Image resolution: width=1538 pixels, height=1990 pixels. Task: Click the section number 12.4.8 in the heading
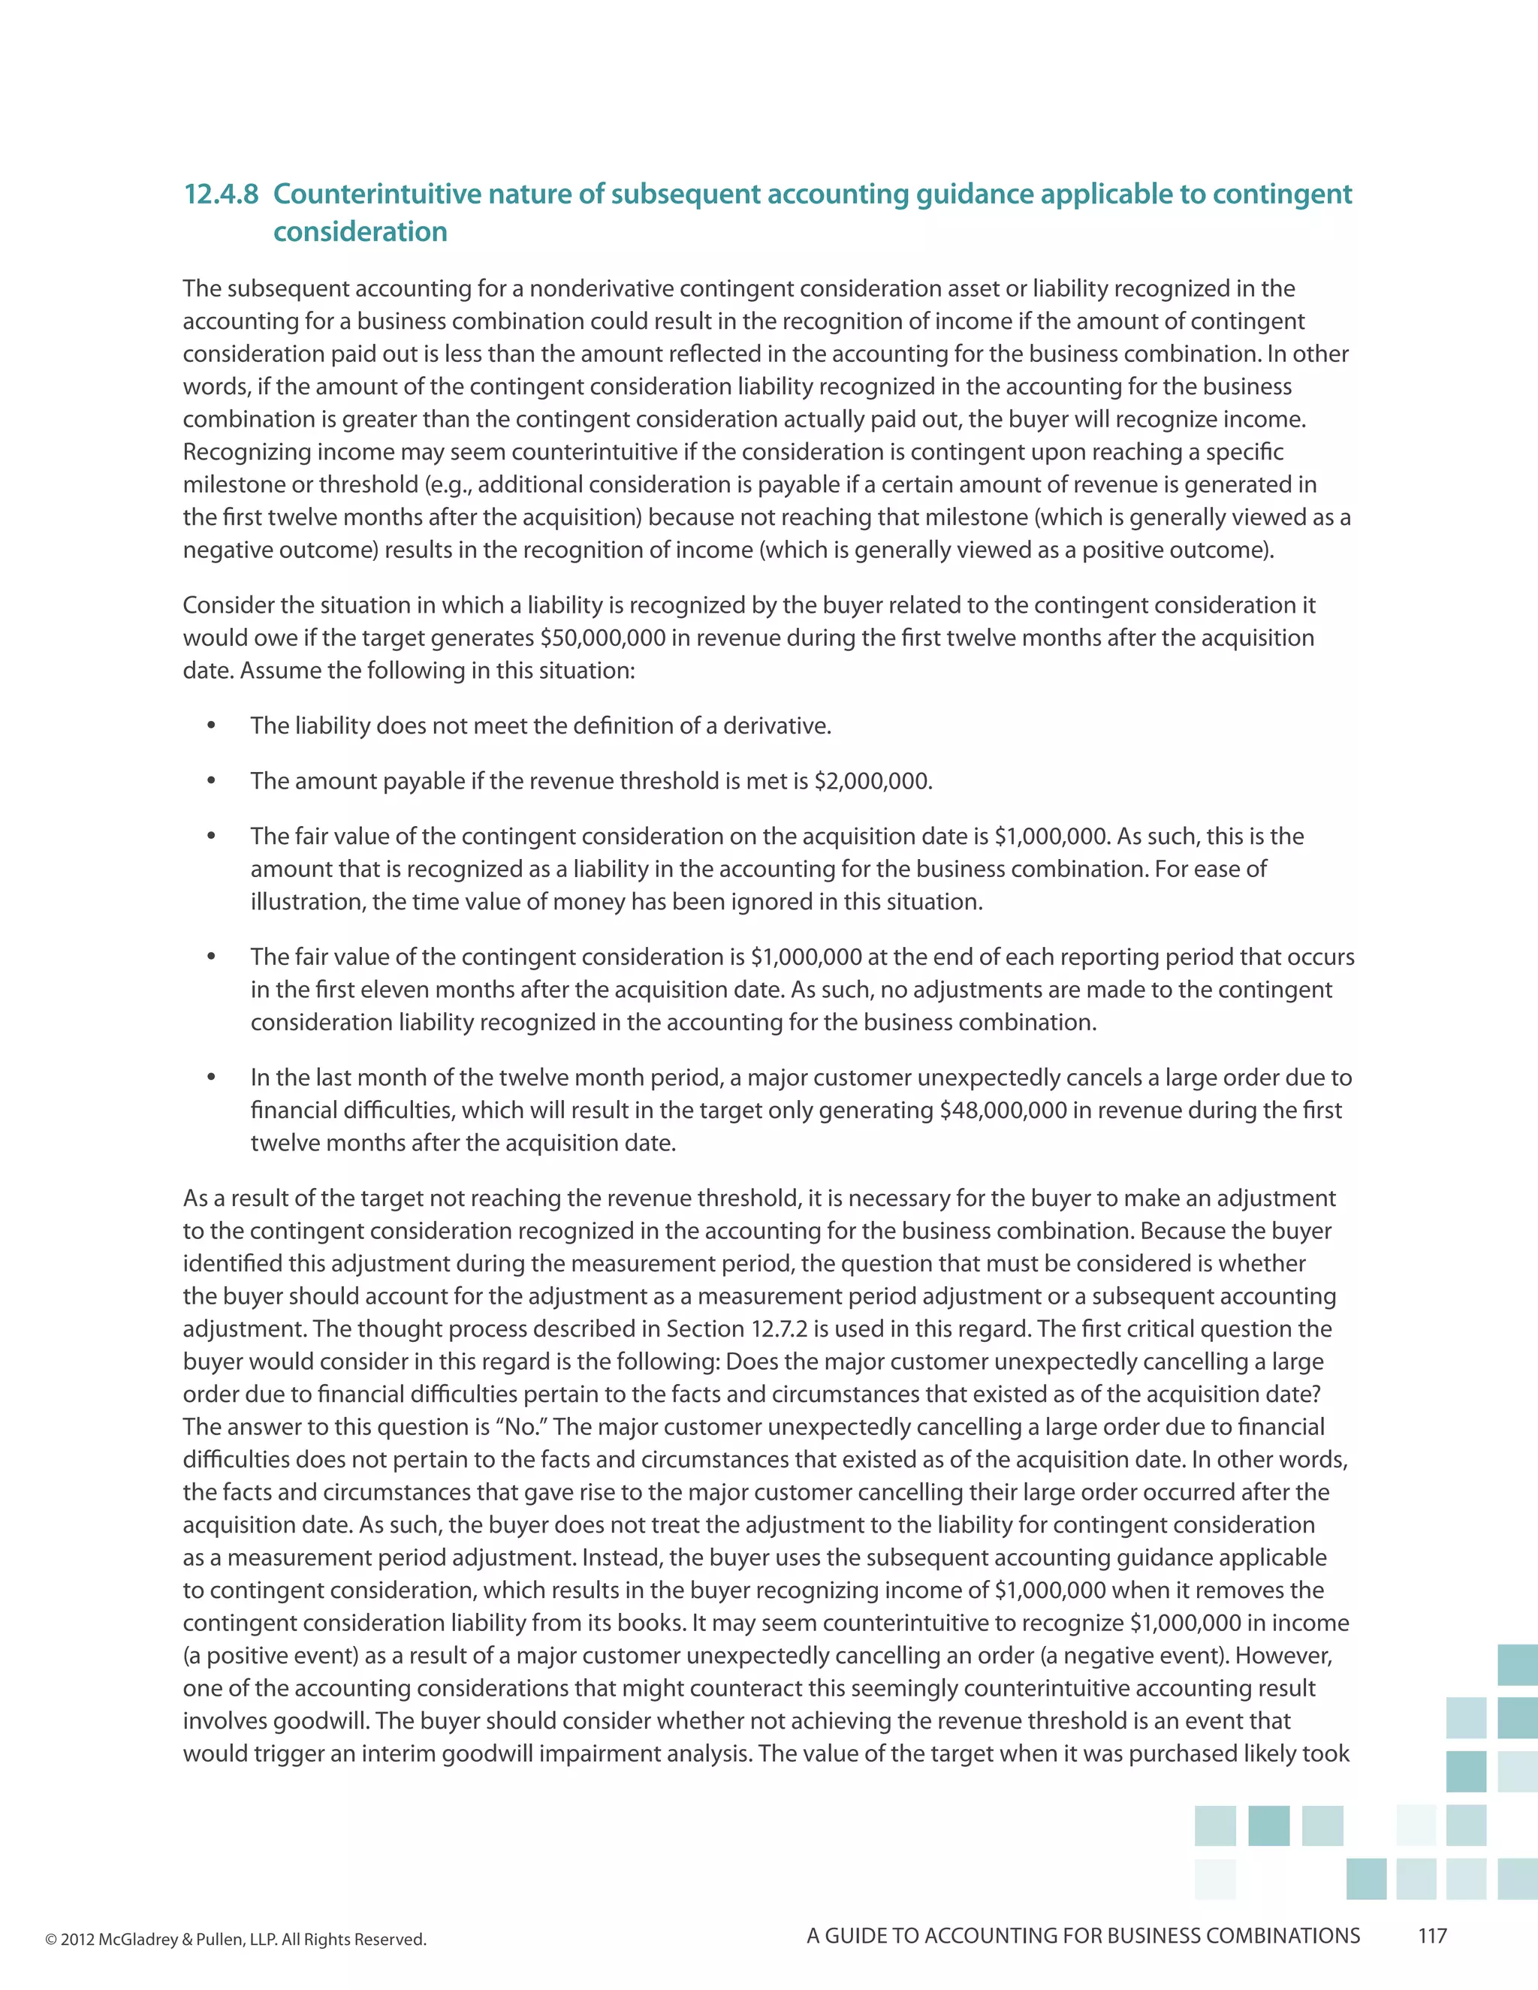pyautogui.click(x=221, y=194)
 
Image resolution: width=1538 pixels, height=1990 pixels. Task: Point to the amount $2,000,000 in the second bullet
pyautogui.click(x=872, y=782)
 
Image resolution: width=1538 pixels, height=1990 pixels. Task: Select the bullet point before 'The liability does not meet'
pyautogui.click(x=211, y=726)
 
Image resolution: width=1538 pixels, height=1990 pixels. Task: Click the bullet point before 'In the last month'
pyautogui.click(x=211, y=1078)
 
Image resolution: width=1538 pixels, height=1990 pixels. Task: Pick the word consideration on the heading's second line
pyautogui.click(x=360, y=232)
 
